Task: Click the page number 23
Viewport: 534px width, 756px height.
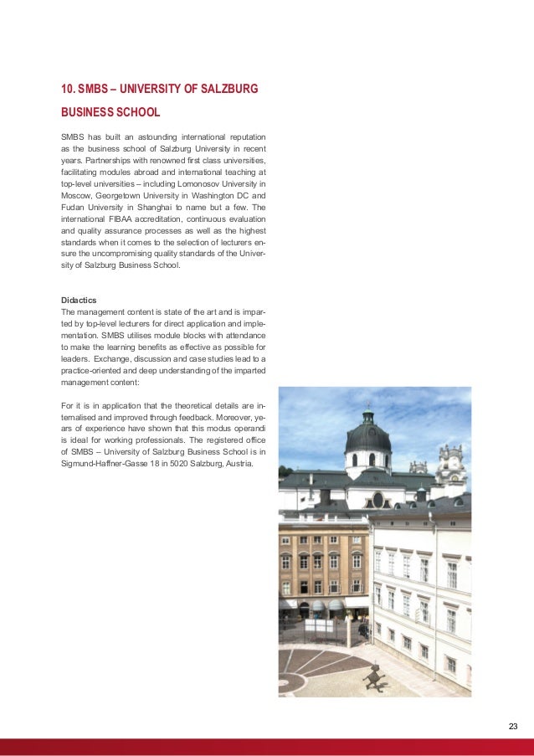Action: [513, 725]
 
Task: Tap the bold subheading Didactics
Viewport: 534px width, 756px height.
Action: [80, 299]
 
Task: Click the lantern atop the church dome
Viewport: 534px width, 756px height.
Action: [367, 414]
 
